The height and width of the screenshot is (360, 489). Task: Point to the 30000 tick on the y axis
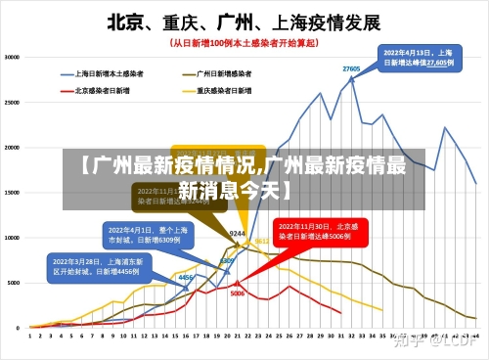click(x=13, y=58)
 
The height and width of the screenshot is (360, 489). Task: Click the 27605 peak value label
click(x=351, y=68)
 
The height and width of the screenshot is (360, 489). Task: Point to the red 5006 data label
click(x=238, y=293)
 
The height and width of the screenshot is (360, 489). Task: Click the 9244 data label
click(x=237, y=234)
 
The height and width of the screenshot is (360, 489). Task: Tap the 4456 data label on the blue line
click(x=185, y=278)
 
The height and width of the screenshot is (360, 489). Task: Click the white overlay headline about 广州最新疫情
click(x=244, y=175)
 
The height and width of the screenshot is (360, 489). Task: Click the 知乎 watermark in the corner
click(x=436, y=340)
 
